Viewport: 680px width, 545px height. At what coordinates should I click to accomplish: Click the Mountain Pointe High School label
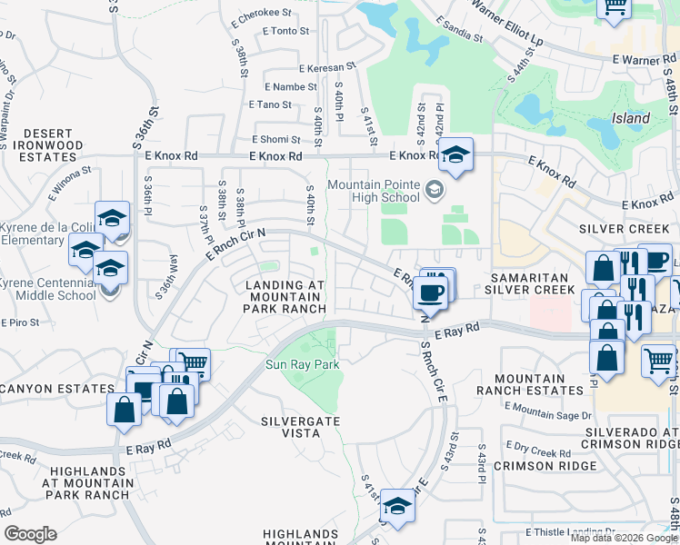tap(374, 191)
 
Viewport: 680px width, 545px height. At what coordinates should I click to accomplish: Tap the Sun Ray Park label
tap(302, 365)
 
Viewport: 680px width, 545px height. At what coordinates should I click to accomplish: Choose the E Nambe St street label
tap(290, 87)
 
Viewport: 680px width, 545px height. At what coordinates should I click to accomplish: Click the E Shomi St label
tap(276, 140)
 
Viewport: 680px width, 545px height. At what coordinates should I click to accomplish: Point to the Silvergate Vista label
tap(301, 427)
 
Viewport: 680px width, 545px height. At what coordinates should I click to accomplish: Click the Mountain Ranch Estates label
tap(540, 383)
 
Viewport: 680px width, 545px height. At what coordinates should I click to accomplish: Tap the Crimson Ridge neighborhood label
tap(545, 465)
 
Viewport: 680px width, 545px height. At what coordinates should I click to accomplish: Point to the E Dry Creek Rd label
tap(539, 450)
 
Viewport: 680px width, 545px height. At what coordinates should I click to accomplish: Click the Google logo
tap(31, 533)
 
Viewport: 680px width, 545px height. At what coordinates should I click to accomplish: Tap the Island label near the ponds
tap(630, 118)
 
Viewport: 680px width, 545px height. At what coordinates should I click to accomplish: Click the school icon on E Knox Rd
tap(455, 156)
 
